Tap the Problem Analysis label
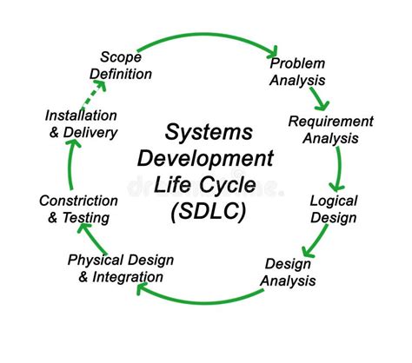coord(297,71)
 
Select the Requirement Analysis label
coord(330,129)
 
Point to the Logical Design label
coord(334,208)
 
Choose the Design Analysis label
coord(289,272)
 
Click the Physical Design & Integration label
coord(120,268)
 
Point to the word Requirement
coord(330,121)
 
